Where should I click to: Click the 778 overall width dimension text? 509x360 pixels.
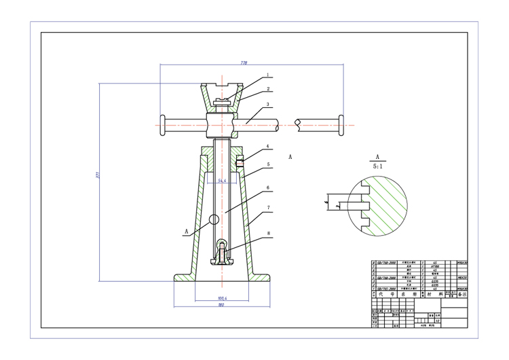(244, 62)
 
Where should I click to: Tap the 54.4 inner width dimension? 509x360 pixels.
(221, 181)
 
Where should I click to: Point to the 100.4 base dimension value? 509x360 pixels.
(221, 298)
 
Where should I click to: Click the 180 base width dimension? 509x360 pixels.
(221, 305)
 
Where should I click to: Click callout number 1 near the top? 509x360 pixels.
(267, 75)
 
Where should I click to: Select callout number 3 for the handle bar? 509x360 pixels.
(267, 105)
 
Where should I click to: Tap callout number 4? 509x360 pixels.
(267, 146)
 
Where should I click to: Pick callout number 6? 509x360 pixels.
(267, 187)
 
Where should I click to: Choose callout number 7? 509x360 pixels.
(267, 208)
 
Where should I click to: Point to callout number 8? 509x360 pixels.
(267, 233)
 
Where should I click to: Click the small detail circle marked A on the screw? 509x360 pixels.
(214, 219)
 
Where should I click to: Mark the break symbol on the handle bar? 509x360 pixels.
(297, 124)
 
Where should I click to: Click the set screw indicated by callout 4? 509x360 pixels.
(240, 162)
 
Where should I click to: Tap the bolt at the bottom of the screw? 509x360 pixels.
(221, 252)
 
